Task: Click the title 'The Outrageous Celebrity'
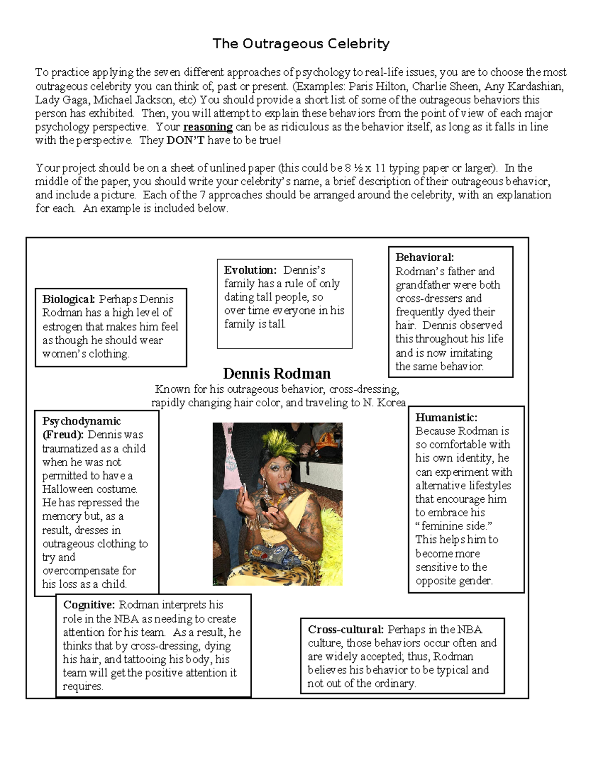pos(301,44)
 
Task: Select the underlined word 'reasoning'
pos(208,127)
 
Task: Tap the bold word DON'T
pos(185,141)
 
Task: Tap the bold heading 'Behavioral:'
pos(425,258)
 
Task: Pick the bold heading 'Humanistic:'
pos(446,417)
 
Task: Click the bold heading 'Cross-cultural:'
pos(346,629)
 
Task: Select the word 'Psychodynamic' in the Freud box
pos(81,421)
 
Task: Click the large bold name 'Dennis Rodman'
pos(277,374)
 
